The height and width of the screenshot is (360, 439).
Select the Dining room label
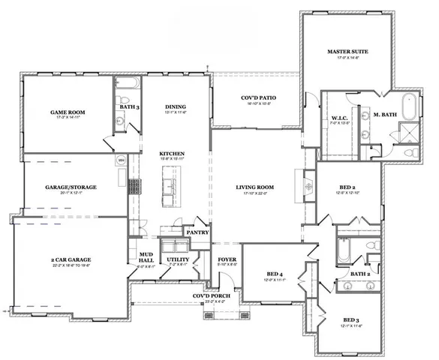pos(175,106)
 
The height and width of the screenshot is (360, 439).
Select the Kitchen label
pos(171,154)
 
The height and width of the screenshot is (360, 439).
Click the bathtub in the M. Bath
pos(408,106)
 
